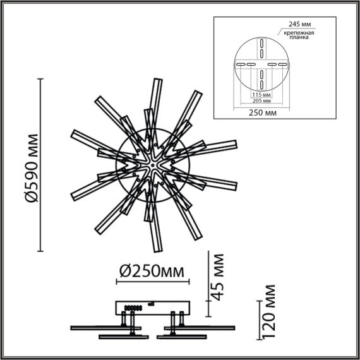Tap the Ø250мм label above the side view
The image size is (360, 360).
pyautogui.click(x=154, y=272)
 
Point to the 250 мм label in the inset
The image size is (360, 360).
pyautogui.click(x=260, y=112)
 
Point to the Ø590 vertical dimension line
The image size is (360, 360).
pyautogui.click(x=42, y=165)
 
